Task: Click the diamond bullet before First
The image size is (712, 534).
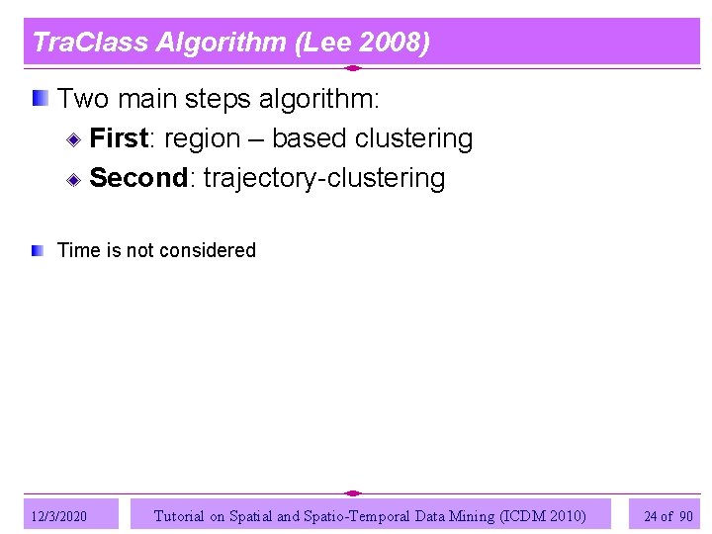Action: click(74, 138)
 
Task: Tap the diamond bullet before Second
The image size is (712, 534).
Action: click(74, 179)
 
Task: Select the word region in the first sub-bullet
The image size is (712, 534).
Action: click(202, 138)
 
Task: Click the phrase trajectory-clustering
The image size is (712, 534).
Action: click(323, 179)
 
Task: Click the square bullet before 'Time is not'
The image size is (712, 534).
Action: click(37, 251)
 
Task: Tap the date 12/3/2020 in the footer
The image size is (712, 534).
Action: click(59, 516)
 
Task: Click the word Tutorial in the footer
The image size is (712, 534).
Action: click(179, 515)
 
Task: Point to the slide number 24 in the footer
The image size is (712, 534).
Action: click(650, 516)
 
